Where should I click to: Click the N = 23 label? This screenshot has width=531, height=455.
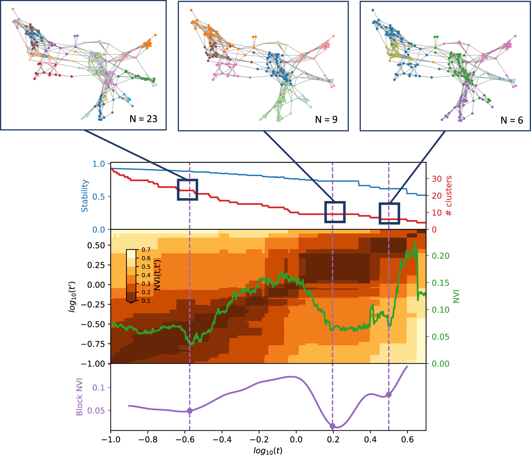pos(143,119)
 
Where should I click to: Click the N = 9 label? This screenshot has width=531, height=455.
pos(326,120)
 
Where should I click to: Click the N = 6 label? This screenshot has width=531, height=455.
pos(512,120)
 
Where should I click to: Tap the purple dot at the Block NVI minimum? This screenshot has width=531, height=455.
pos(332,426)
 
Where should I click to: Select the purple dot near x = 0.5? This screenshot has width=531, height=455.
pos(389,395)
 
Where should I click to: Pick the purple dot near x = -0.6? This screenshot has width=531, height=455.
pos(190,411)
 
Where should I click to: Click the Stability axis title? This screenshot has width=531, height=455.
pos(85,196)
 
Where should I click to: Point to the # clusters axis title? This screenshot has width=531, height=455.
pos(449,196)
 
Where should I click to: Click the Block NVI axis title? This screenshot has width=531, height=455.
pos(79,397)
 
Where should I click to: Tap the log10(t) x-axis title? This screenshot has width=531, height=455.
pos(268,450)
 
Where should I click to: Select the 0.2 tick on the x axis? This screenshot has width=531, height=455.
pos(333,440)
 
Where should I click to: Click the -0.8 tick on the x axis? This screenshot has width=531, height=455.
pos(148,440)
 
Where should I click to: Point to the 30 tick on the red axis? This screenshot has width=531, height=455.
pos(437,179)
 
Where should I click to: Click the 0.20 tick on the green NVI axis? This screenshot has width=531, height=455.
pos(440,256)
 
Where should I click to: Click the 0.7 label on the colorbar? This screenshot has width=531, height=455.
pos(146,250)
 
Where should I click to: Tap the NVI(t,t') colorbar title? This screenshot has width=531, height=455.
pos(157,275)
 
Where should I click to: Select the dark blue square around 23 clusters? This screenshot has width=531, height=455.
pos(187,190)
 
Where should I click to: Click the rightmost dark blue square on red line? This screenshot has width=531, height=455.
pos(389,213)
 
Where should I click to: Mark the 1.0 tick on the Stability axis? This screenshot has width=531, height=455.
pos(98,164)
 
